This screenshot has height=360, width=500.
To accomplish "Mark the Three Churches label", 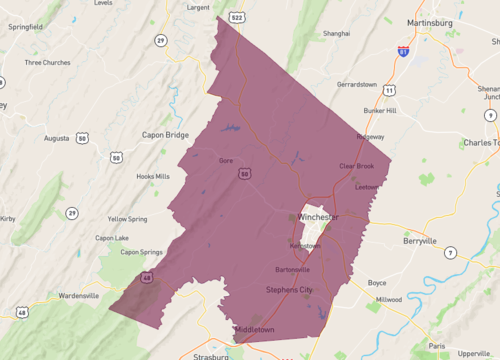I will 48,62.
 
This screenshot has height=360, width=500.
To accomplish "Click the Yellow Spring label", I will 128,218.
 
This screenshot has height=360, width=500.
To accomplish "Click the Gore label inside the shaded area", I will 226,159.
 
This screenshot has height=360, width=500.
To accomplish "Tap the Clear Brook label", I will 356,166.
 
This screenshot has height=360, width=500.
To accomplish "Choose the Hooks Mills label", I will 153,176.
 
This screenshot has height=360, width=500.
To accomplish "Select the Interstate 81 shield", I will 403,51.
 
